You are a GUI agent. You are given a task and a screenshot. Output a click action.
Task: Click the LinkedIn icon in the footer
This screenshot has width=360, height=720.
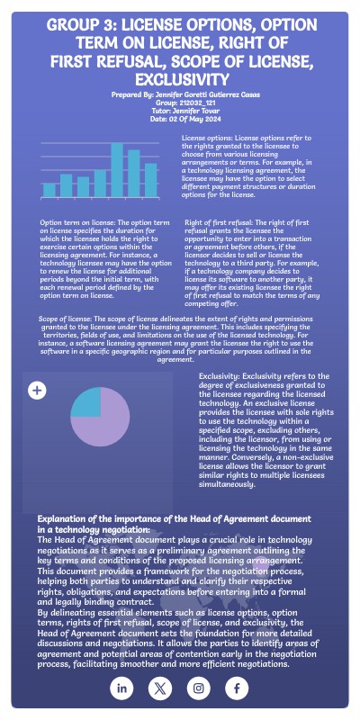(122, 688)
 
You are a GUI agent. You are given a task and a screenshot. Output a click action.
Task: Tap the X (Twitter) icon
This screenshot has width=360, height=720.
(160, 688)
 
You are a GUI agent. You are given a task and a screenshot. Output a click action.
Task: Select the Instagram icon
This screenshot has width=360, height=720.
(198, 688)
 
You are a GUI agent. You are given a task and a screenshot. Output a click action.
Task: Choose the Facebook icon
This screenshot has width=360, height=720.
(236, 688)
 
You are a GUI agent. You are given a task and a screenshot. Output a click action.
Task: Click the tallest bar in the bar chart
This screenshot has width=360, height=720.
(116, 170)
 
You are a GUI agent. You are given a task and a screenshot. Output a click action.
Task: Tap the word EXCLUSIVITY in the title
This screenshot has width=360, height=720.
(179, 80)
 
